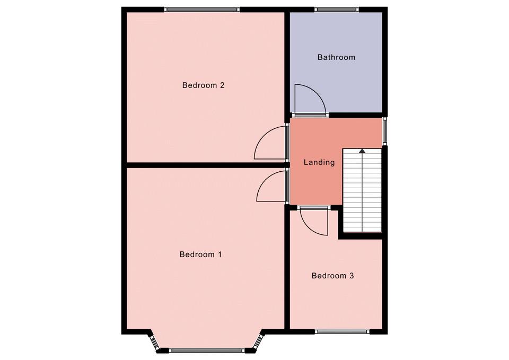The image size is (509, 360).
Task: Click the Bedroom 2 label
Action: pyautogui.click(x=203, y=85)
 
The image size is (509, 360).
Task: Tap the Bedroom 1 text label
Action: pyautogui.click(x=200, y=254)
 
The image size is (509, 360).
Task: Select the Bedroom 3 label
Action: pyautogui.click(x=333, y=276)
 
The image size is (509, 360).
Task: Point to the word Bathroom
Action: pyautogui.click(x=336, y=57)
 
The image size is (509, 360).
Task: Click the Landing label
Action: pyautogui.click(x=319, y=162)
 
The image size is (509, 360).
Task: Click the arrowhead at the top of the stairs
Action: pyautogui.click(x=362, y=151)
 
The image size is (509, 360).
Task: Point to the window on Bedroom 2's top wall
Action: pyautogui.click(x=201, y=10)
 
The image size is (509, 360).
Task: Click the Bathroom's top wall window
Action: pyautogui.click(x=336, y=10)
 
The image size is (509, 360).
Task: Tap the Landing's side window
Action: pyautogui.click(x=385, y=131)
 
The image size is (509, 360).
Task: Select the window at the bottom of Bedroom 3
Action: pyautogui.click(x=342, y=332)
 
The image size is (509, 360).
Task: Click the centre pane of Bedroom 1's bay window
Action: pyautogui.click(x=207, y=350)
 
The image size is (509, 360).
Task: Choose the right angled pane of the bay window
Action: pyautogui.click(x=259, y=342)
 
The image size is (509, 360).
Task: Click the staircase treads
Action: pyautogui.click(x=362, y=190)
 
